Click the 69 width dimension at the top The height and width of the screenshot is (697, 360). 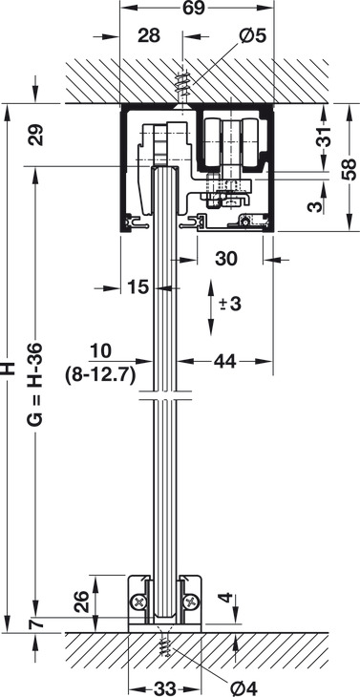coord(196,9)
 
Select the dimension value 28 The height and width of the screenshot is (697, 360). coord(148,36)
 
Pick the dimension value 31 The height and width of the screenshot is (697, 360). coord(326,137)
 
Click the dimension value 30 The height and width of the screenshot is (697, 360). coord(226,259)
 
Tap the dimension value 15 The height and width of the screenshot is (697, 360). coord(138,287)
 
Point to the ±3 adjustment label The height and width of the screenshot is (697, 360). coord(229,305)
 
